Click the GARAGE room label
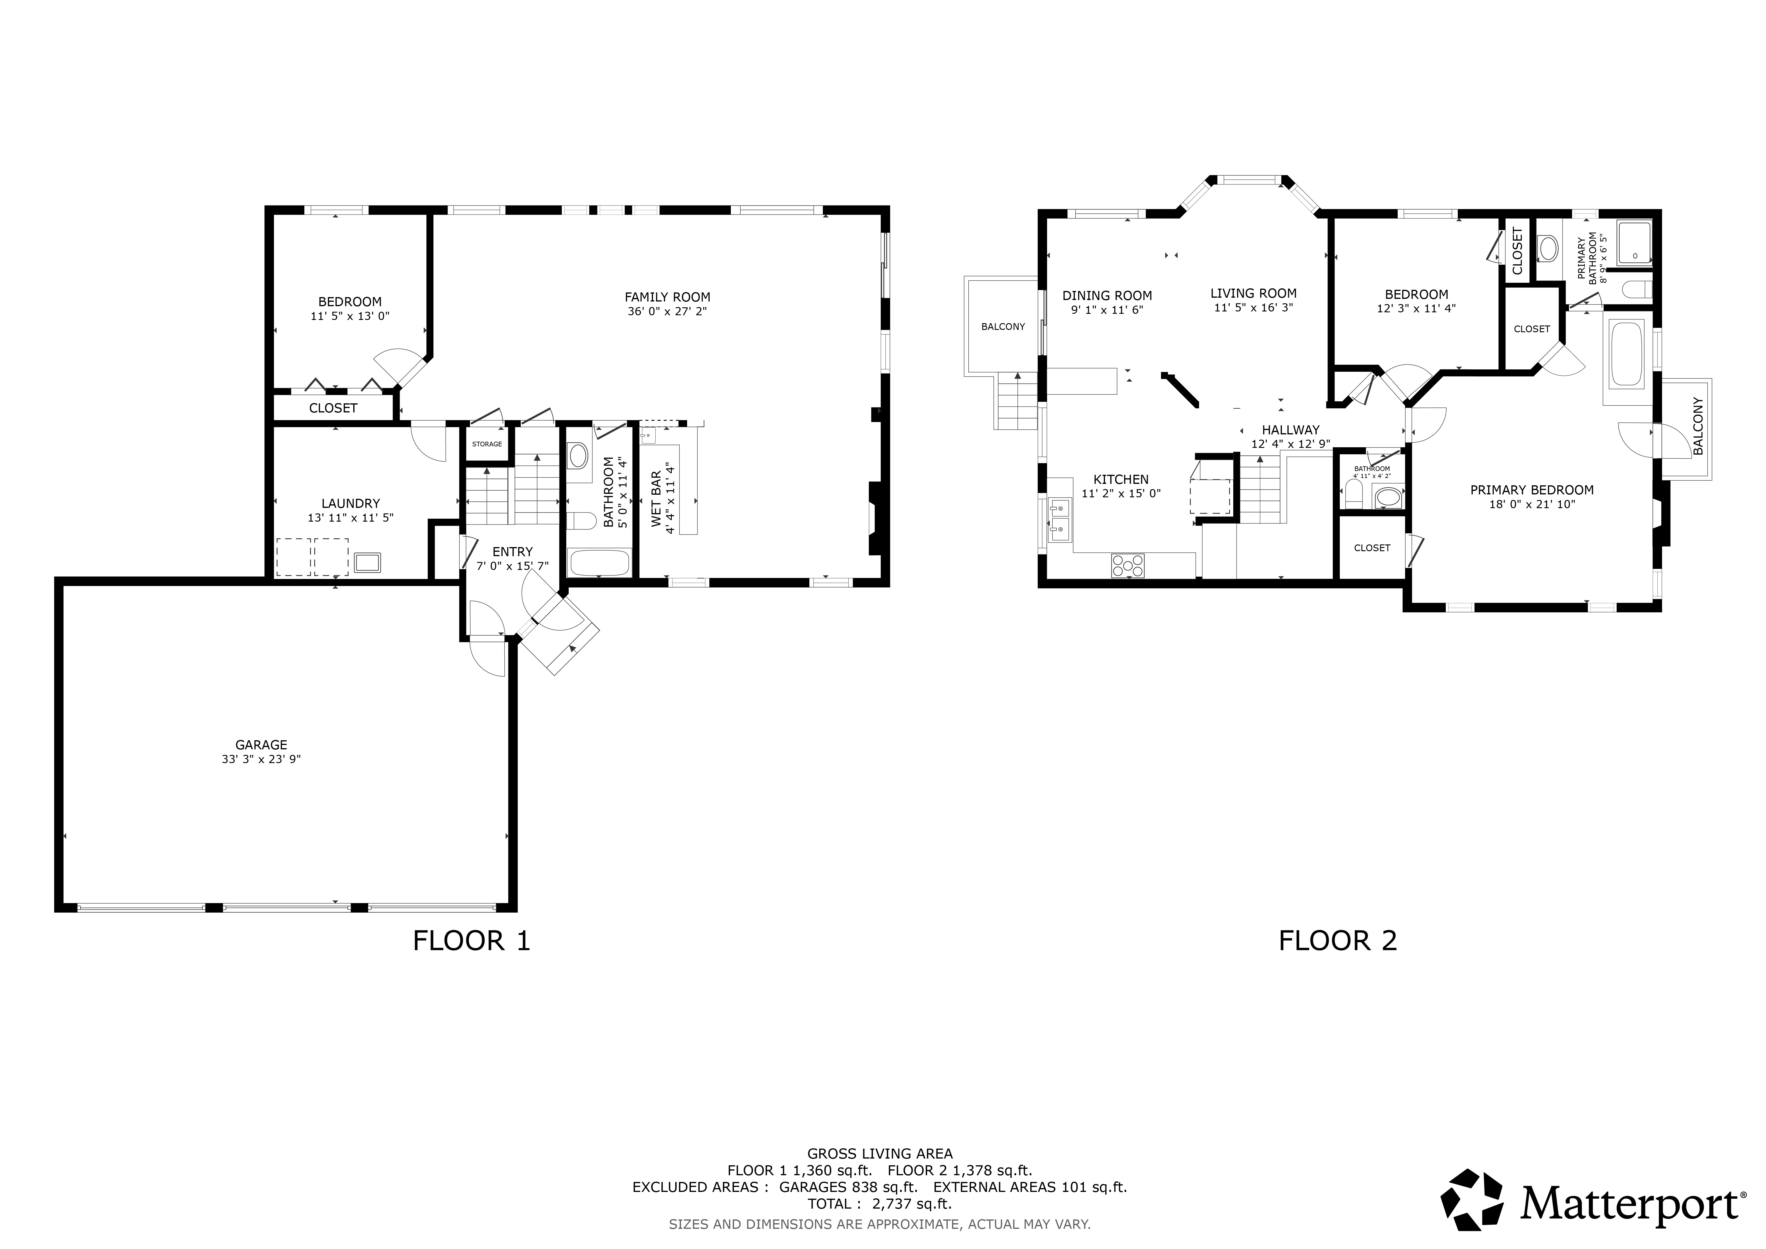coord(261,744)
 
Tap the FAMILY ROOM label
coord(667,297)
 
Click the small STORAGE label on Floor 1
coord(487,444)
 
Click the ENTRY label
coord(512,551)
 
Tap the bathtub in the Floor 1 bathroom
coord(599,562)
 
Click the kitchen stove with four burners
coord(1128,565)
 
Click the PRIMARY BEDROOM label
coord(1532,490)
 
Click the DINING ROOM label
coord(1107,295)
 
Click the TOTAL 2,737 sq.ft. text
coord(879,1204)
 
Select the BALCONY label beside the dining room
coord(1003,327)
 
